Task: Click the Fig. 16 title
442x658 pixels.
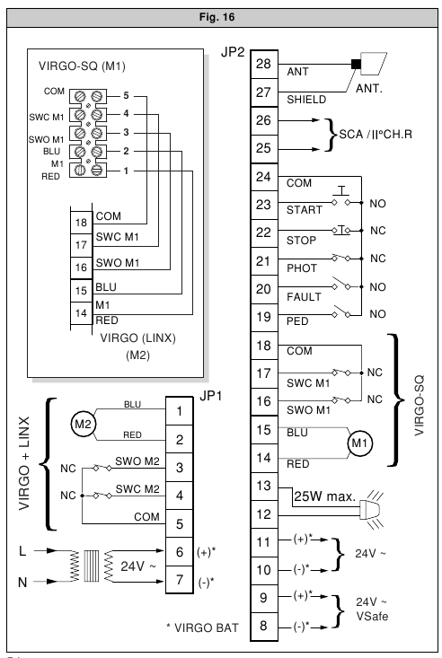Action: pyautogui.click(x=217, y=17)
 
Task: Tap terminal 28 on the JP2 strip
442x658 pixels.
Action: pyautogui.click(x=264, y=64)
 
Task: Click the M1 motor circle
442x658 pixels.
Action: pyautogui.click(x=359, y=443)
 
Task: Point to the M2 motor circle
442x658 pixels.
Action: pyautogui.click(x=83, y=424)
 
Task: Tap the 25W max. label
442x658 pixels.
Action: pyautogui.click(x=324, y=496)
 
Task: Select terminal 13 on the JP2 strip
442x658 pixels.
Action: pyautogui.click(x=264, y=486)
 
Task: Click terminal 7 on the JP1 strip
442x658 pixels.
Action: pyautogui.click(x=180, y=580)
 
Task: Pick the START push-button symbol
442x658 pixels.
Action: pyautogui.click(x=341, y=197)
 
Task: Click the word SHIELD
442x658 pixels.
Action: pyautogui.click(x=306, y=100)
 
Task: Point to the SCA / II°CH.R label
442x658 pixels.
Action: pyautogui.click(x=376, y=135)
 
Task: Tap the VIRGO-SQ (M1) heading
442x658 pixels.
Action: pyautogui.click(x=82, y=66)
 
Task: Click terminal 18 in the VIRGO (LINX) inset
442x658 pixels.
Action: pyautogui.click(x=81, y=223)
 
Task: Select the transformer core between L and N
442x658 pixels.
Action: pyautogui.click(x=92, y=566)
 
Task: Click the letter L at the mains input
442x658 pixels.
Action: pyautogui.click(x=22, y=550)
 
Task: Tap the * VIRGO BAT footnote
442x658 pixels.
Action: pyautogui.click(x=202, y=627)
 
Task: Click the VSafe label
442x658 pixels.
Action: pyautogui.click(x=372, y=617)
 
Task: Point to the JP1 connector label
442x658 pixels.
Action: pyautogui.click(x=210, y=396)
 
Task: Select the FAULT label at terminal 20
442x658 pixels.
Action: pyautogui.click(x=304, y=297)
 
